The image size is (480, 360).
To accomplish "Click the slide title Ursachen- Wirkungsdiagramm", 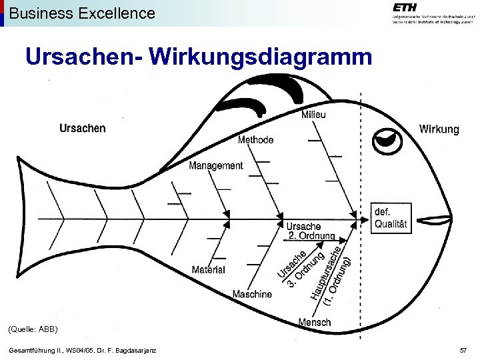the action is tap(199, 57).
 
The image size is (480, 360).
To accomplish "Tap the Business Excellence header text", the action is tap(82, 13).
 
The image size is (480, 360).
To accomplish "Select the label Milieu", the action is tap(313, 114).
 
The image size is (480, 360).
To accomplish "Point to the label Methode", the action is tap(255, 139).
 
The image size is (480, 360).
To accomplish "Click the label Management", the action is tap(215, 165).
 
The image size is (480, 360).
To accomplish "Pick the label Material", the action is tap(208, 269).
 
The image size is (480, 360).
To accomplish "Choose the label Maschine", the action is tap(252, 294).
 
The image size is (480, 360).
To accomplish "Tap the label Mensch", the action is tap(315, 322).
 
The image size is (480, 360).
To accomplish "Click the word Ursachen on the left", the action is tap(82, 128).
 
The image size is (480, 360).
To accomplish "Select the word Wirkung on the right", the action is tap(439, 129).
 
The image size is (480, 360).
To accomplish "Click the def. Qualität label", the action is tap(390, 218).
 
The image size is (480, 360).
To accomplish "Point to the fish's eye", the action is tap(387, 140).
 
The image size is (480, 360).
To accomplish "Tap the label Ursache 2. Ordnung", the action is tap(311, 231).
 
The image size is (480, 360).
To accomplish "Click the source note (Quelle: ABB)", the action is tap(33, 329).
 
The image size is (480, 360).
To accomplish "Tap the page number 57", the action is tap(463, 350).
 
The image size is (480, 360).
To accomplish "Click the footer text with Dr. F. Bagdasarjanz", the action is tap(83, 351).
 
